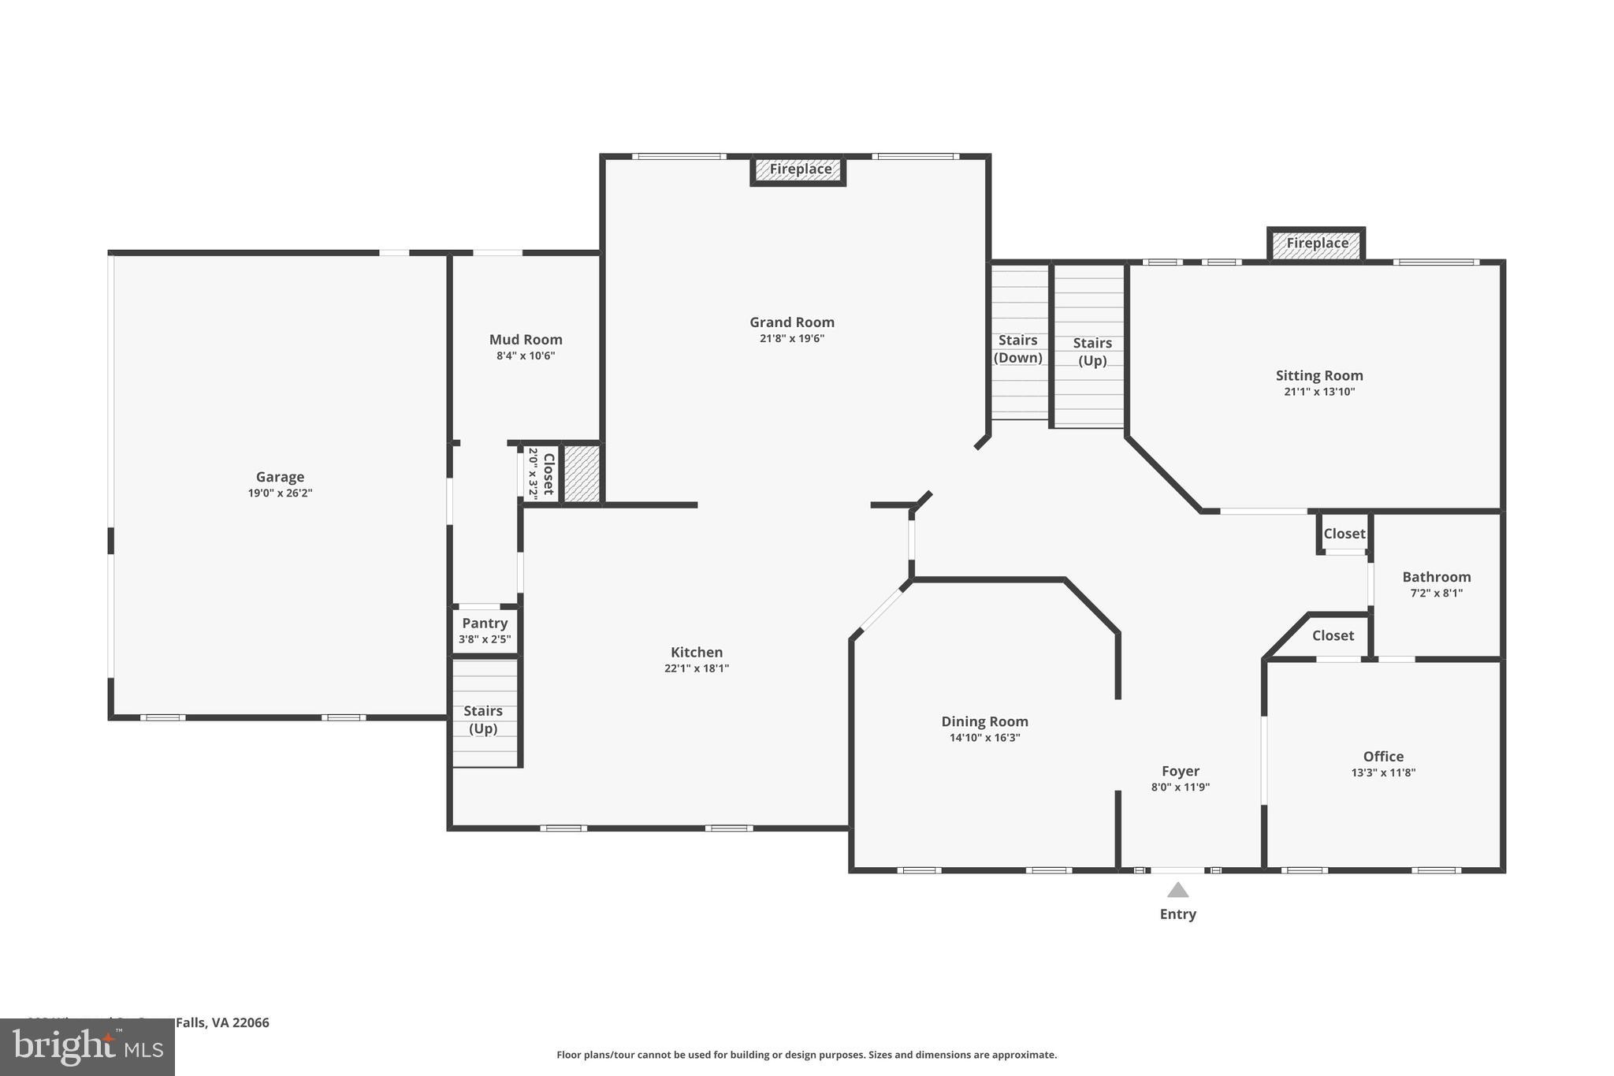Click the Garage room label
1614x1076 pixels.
click(280, 477)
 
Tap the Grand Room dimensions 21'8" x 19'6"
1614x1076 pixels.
click(791, 339)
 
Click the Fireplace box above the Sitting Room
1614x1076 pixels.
click(1317, 244)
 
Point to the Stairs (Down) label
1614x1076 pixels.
click(1017, 349)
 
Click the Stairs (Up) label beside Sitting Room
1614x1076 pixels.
click(1091, 352)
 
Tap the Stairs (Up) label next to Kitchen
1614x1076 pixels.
click(482, 720)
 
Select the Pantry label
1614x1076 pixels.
click(485, 624)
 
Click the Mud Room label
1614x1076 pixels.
click(526, 340)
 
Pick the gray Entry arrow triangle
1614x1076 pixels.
click(1177, 891)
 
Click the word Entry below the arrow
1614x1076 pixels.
click(1177, 914)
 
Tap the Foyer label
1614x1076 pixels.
click(1180, 772)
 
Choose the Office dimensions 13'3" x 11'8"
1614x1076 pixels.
click(1383, 773)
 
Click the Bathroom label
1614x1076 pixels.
click(1436, 577)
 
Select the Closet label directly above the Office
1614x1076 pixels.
click(1333, 635)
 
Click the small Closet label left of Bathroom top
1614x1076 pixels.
click(1344, 534)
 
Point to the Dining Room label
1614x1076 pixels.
click(984, 721)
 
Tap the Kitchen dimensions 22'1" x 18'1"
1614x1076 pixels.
click(696, 669)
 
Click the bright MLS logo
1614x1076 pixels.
click(87, 1047)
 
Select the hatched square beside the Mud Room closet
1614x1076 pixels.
click(582, 474)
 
